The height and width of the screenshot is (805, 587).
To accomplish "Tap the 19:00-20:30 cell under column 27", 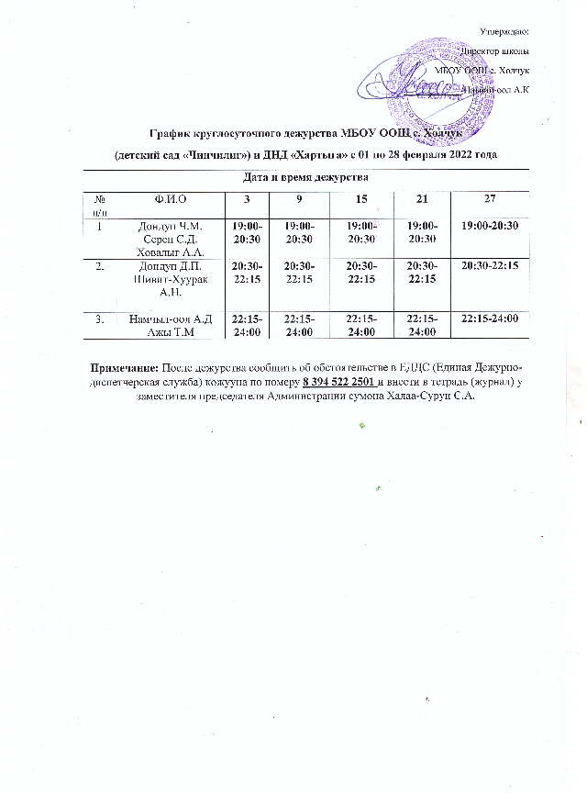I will (x=491, y=226).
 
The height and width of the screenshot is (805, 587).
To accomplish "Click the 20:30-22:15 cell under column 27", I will (x=491, y=265).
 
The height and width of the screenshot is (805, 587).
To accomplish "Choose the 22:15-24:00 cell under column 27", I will (x=491, y=319).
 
